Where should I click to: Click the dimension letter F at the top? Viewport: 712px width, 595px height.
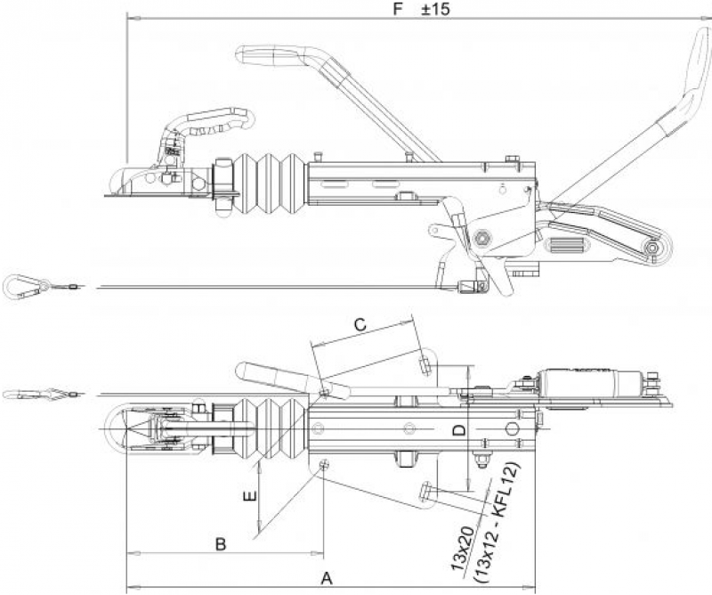[398, 9]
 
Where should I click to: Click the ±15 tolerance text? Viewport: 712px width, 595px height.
[435, 9]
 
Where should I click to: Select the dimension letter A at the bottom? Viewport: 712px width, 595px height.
[327, 579]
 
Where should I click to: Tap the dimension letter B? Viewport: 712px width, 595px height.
[221, 543]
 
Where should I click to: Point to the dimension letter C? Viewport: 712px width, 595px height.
[360, 324]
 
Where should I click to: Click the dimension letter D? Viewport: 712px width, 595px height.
[459, 429]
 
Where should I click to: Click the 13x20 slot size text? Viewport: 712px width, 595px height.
[462, 549]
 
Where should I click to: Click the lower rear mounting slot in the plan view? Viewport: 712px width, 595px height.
[426, 492]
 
